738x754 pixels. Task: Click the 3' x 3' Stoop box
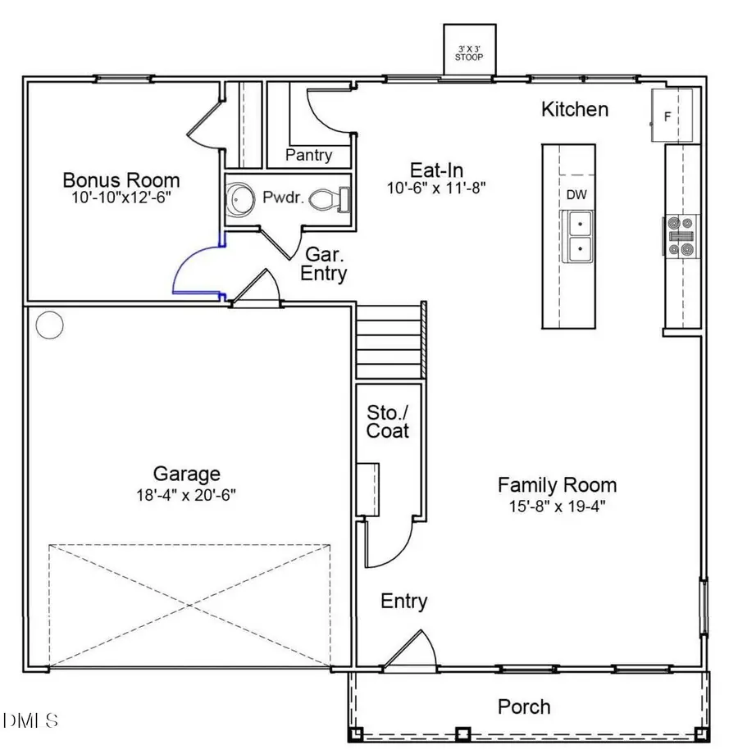click(x=470, y=52)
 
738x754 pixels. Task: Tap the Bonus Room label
click(x=121, y=180)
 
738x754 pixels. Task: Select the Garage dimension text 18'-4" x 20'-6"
click(x=186, y=494)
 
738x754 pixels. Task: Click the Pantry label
click(x=308, y=155)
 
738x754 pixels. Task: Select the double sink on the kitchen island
click(x=579, y=235)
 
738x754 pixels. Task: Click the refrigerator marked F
click(x=672, y=116)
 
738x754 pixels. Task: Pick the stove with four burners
click(x=681, y=236)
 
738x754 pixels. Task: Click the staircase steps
click(x=389, y=339)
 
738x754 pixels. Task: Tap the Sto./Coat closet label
click(x=388, y=420)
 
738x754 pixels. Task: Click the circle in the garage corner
click(x=50, y=325)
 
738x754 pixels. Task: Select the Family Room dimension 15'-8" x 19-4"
click(x=557, y=506)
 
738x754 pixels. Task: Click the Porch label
click(x=525, y=706)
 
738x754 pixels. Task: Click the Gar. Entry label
click(x=323, y=264)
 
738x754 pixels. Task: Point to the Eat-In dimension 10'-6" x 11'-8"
click(x=437, y=187)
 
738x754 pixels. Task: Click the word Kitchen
click(x=575, y=109)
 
